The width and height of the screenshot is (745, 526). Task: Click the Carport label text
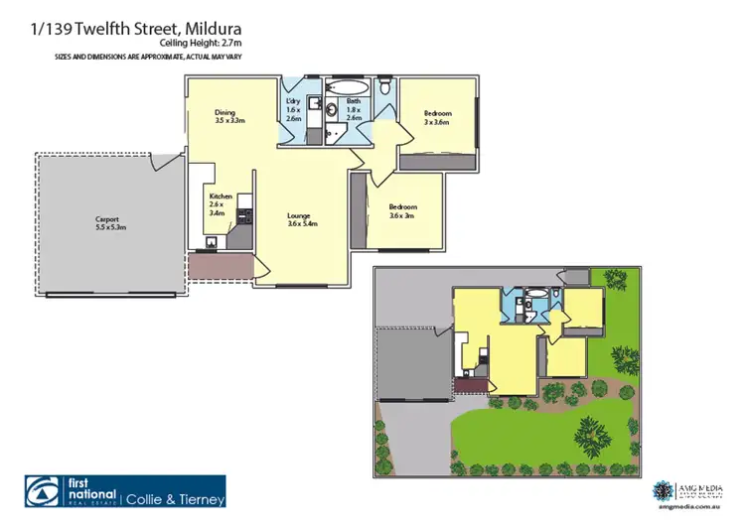click(x=108, y=222)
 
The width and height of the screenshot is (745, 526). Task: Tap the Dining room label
click(x=229, y=117)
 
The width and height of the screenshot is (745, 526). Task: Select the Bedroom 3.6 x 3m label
click(x=402, y=211)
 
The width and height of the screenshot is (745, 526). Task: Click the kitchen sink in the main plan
click(x=213, y=242)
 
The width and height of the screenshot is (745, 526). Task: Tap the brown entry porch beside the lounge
click(x=221, y=265)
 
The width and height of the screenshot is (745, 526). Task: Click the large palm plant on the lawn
click(x=590, y=434)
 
